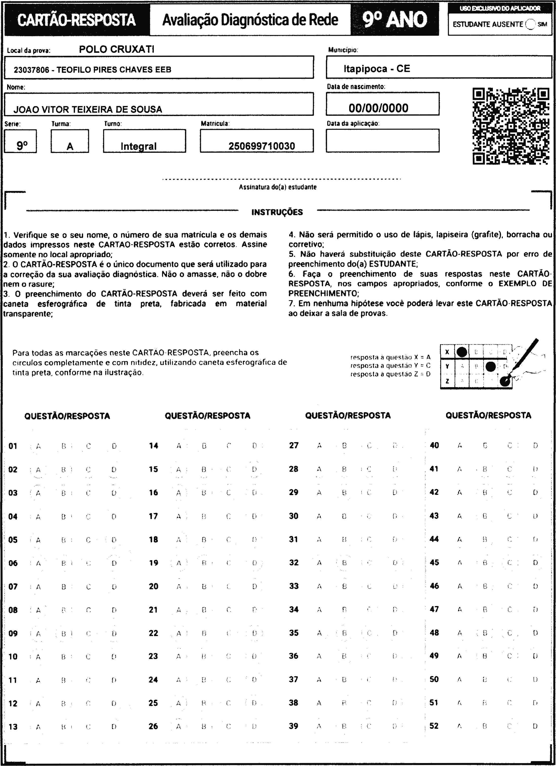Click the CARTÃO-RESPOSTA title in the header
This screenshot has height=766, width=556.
pos(76,19)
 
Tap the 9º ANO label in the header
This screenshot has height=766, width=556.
pos(395,19)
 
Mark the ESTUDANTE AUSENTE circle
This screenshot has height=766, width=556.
pos(531,24)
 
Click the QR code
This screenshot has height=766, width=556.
pos(510,126)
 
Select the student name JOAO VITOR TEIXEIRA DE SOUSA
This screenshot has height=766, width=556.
pos(88,109)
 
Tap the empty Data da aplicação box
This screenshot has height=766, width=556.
pos(382,140)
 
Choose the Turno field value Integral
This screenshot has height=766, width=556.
pos(139,146)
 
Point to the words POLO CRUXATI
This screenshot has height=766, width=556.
pos(117,50)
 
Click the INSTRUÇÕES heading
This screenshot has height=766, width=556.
pos(277,212)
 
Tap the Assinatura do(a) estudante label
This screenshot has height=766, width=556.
pos(278,187)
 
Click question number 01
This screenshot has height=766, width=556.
pos(13,446)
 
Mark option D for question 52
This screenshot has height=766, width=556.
pos(535,726)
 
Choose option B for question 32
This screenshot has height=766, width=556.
pos(344,563)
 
